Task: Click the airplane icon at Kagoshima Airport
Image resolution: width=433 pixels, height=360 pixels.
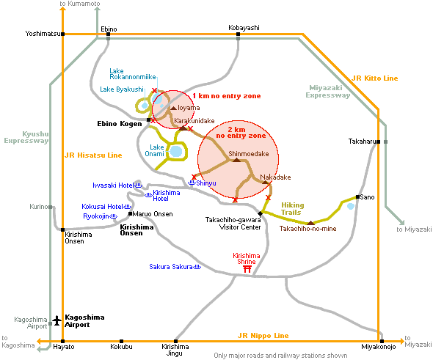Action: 57,320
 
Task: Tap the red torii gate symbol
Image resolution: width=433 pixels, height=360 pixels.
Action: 247,268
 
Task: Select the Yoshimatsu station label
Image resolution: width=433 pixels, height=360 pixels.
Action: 43,34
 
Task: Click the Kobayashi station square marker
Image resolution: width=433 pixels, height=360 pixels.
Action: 238,34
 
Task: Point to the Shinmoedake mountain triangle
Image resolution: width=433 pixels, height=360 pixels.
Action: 236,160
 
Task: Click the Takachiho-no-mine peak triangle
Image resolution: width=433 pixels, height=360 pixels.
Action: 311,223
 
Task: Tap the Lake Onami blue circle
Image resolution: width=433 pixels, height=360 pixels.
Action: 176,151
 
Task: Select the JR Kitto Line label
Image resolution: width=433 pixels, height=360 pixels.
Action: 375,78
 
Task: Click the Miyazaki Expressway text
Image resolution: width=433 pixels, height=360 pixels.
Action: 327,92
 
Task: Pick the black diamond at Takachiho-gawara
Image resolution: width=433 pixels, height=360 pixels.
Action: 260,213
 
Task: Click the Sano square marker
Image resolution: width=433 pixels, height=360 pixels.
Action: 357,196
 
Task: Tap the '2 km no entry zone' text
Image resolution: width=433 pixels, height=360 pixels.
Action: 241,133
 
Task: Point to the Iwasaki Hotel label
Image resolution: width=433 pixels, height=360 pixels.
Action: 113,185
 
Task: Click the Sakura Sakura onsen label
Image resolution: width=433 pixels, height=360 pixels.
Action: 171,267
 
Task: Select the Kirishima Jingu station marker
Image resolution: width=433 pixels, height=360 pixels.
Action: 175,341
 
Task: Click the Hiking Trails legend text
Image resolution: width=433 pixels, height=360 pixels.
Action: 292,209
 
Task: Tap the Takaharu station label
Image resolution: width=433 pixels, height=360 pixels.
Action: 362,142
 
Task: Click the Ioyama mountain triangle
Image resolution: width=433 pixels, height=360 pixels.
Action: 173,108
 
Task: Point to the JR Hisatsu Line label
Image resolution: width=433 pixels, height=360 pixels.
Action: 93,155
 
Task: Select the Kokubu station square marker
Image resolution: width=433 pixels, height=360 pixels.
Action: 121,341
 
